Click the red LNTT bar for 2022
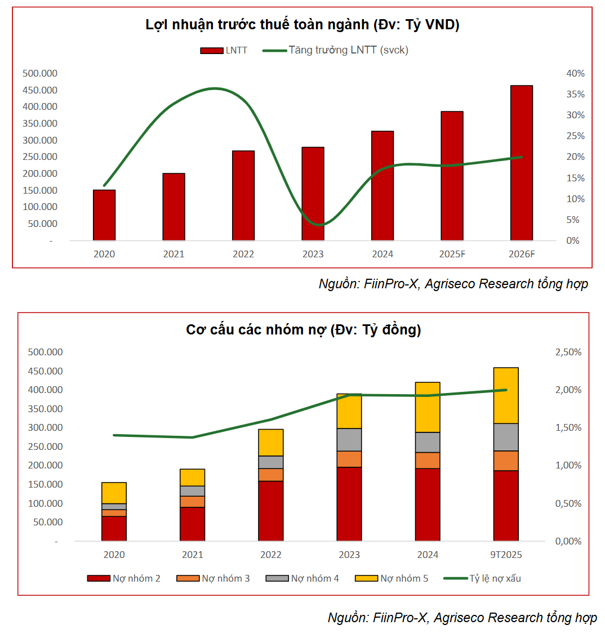click(243, 195)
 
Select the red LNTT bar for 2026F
click(522, 163)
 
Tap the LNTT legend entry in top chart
click(224, 51)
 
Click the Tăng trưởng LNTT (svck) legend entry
click(336, 50)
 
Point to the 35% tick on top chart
click(576, 94)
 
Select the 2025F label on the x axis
click(452, 254)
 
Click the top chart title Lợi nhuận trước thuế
click(302, 25)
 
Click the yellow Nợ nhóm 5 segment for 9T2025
click(506, 395)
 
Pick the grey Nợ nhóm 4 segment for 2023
click(349, 440)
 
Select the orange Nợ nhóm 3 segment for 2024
click(428, 461)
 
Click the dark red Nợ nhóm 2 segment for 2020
click(114, 528)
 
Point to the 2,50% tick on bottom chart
click(568, 352)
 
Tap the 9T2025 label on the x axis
click(506, 555)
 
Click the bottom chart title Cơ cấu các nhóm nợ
click(303, 330)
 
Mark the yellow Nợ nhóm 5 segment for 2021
click(192, 477)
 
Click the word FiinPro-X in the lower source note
click(400, 618)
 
